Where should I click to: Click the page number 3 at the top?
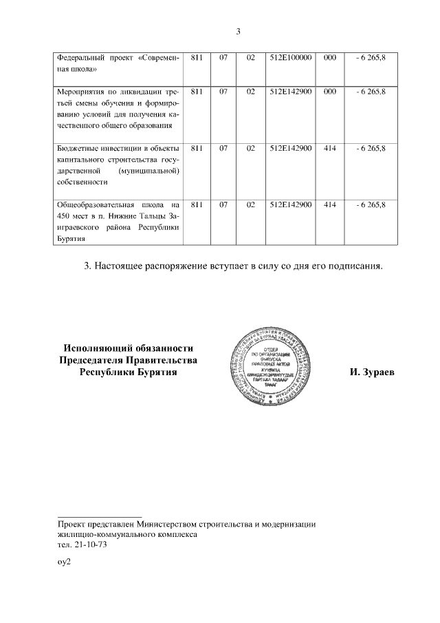coord(238,32)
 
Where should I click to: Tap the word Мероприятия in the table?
coord(82,91)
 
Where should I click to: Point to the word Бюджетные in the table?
coord(78,147)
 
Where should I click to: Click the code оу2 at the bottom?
coord(64,562)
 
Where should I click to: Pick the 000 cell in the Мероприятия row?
coord(329,91)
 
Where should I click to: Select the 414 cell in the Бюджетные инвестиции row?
coord(329,147)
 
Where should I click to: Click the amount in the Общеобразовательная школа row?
coord(371,204)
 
